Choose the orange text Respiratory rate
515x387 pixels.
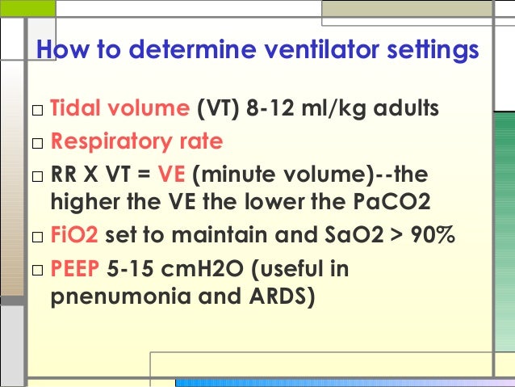pos(136,142)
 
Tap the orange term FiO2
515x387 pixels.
pos(74,236)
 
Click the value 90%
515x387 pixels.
pos(429,236)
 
